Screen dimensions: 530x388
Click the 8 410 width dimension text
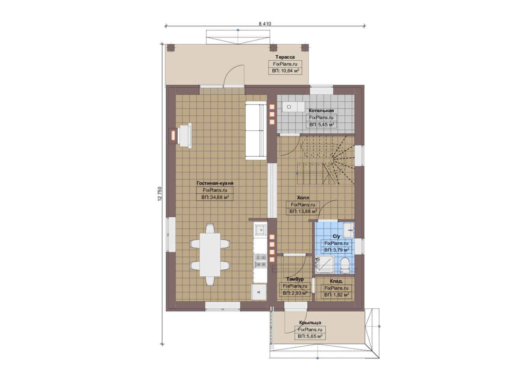pos(265,24)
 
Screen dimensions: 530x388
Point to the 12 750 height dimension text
pos(160,194)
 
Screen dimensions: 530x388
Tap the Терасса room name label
pos(285,57)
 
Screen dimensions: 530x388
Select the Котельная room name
pos(321,111)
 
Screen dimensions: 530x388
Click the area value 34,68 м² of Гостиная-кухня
pos(215,197)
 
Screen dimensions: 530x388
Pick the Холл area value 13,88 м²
pos(303,211)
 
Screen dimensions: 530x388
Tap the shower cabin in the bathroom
pos(325,265)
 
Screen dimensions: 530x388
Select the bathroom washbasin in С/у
pos(348,230)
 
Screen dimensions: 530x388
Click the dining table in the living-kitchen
pos(210,255)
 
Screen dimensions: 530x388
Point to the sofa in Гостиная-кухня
pos(256,130)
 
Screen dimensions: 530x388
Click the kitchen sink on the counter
pos(260,229)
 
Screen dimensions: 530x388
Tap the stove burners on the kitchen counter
pos(260,261)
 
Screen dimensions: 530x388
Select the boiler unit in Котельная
pos(293,107)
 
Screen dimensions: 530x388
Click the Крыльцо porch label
pos(310,323)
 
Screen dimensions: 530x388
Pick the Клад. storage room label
pos(336,281)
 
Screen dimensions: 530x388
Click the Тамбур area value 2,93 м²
pos(295,293)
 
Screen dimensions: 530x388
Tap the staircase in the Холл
pos(325,161)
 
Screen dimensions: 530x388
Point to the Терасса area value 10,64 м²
pos(285,71)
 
